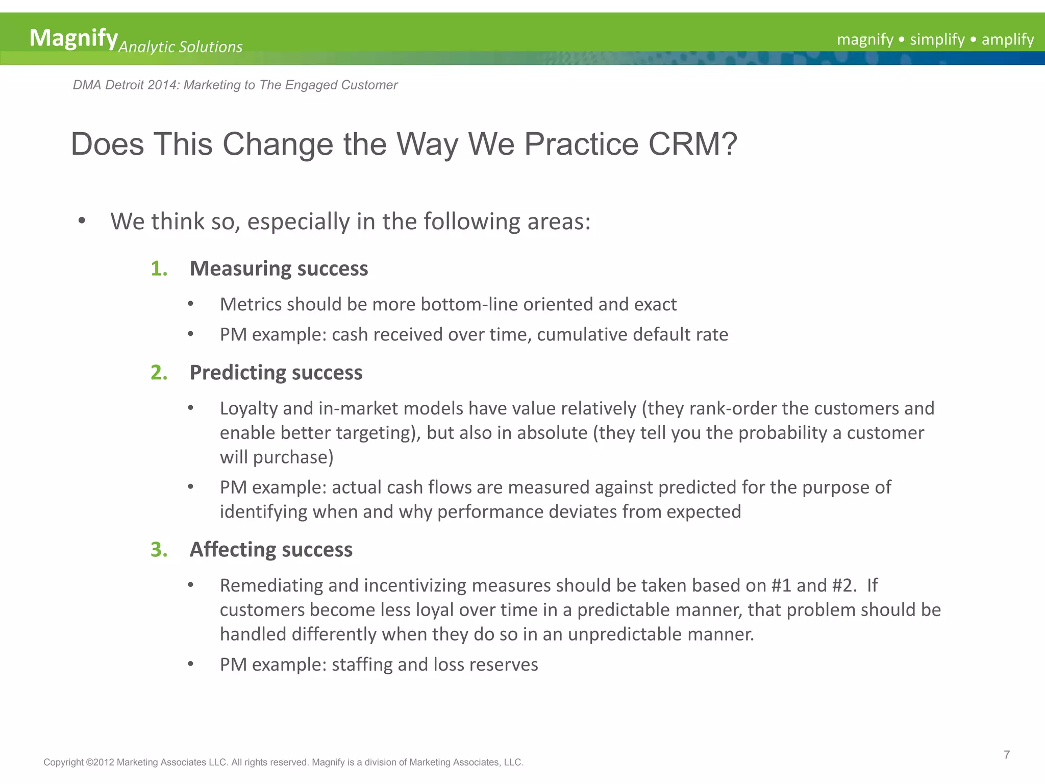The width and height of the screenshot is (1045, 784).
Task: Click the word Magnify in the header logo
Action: pos(73,38)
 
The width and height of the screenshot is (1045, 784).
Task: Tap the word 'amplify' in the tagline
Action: pos(1007,39)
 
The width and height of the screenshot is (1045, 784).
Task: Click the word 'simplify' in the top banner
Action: pos(937,39)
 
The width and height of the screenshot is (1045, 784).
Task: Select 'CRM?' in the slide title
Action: pos(692,144)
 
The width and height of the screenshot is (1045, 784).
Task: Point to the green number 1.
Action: pos(159,268)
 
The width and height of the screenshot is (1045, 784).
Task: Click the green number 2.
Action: pos(159,373)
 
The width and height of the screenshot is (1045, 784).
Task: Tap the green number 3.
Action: pos(159,550)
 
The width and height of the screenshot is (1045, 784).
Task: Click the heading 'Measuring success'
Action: pos(279,268)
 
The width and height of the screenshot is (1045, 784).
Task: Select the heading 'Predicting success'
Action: pos(276,373)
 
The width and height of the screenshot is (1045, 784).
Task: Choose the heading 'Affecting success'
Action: pos(271,550)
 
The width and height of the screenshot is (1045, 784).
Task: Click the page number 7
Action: pos(1006,755)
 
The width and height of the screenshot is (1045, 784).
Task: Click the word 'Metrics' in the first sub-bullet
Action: pos(251,305)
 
